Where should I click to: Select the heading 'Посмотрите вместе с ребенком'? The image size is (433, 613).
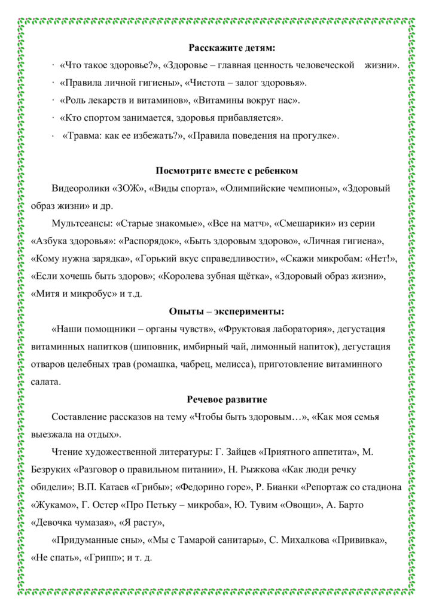click(227, 171)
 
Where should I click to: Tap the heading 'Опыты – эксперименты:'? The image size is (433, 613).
click(226, 311)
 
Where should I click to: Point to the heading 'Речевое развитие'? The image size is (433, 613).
click(227, 399)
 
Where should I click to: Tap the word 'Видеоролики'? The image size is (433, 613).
click(80, 188)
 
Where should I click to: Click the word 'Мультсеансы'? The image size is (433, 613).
click(81, 223)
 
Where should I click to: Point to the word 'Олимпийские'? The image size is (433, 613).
click(249, 188)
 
